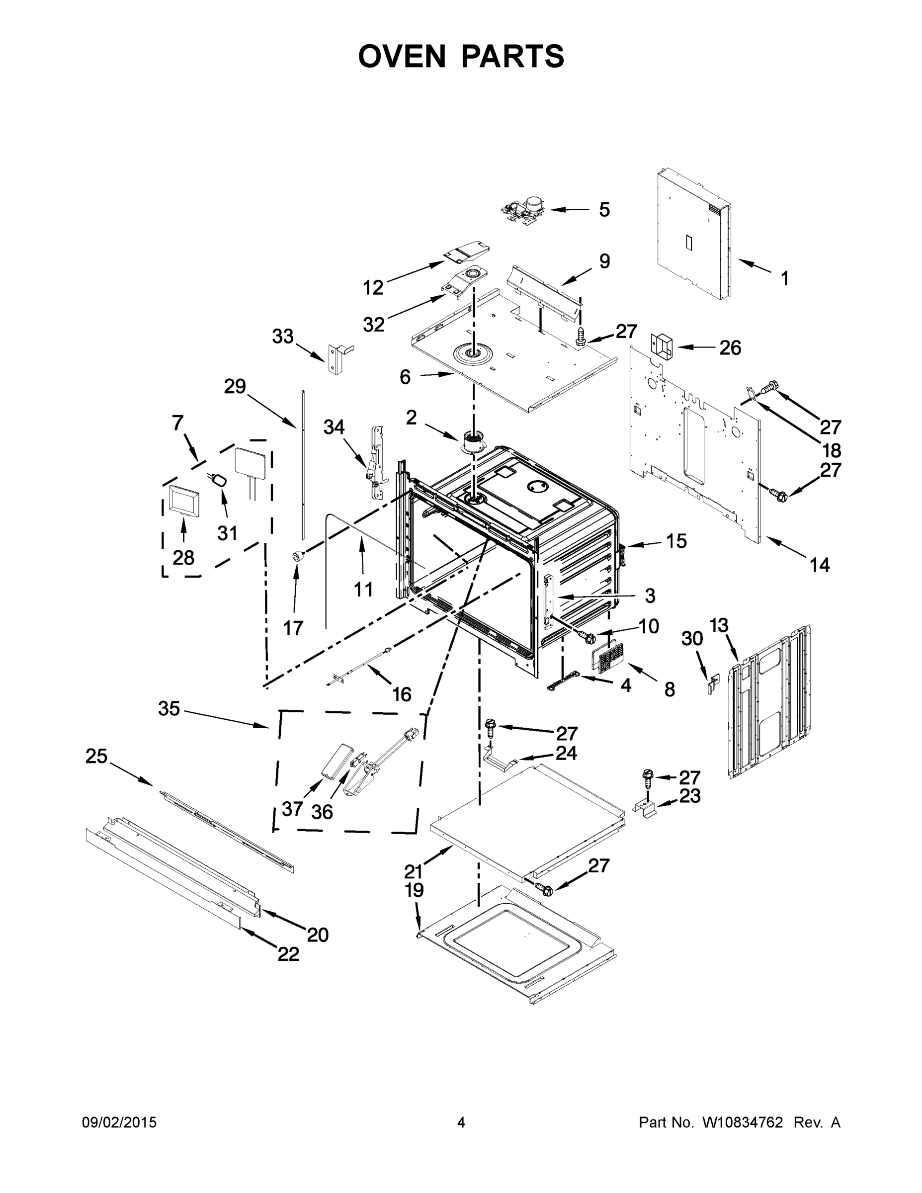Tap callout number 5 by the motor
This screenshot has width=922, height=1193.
click(604, 210)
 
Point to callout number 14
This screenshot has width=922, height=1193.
click(819, 564)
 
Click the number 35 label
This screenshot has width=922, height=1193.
click(169, 709)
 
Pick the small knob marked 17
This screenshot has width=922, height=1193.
click(298, 556)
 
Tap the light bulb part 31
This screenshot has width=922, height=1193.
click(219, 481)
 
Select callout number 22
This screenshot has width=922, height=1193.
click(288, 954)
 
